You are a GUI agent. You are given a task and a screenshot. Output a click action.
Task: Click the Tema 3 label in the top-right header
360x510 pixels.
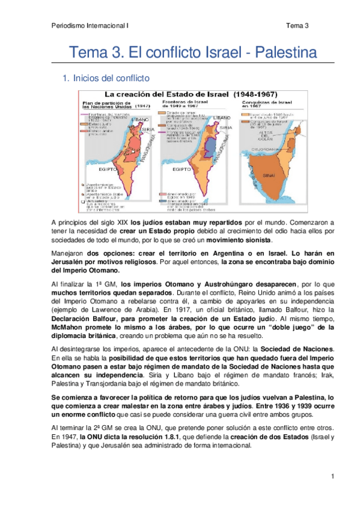(297, 25)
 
